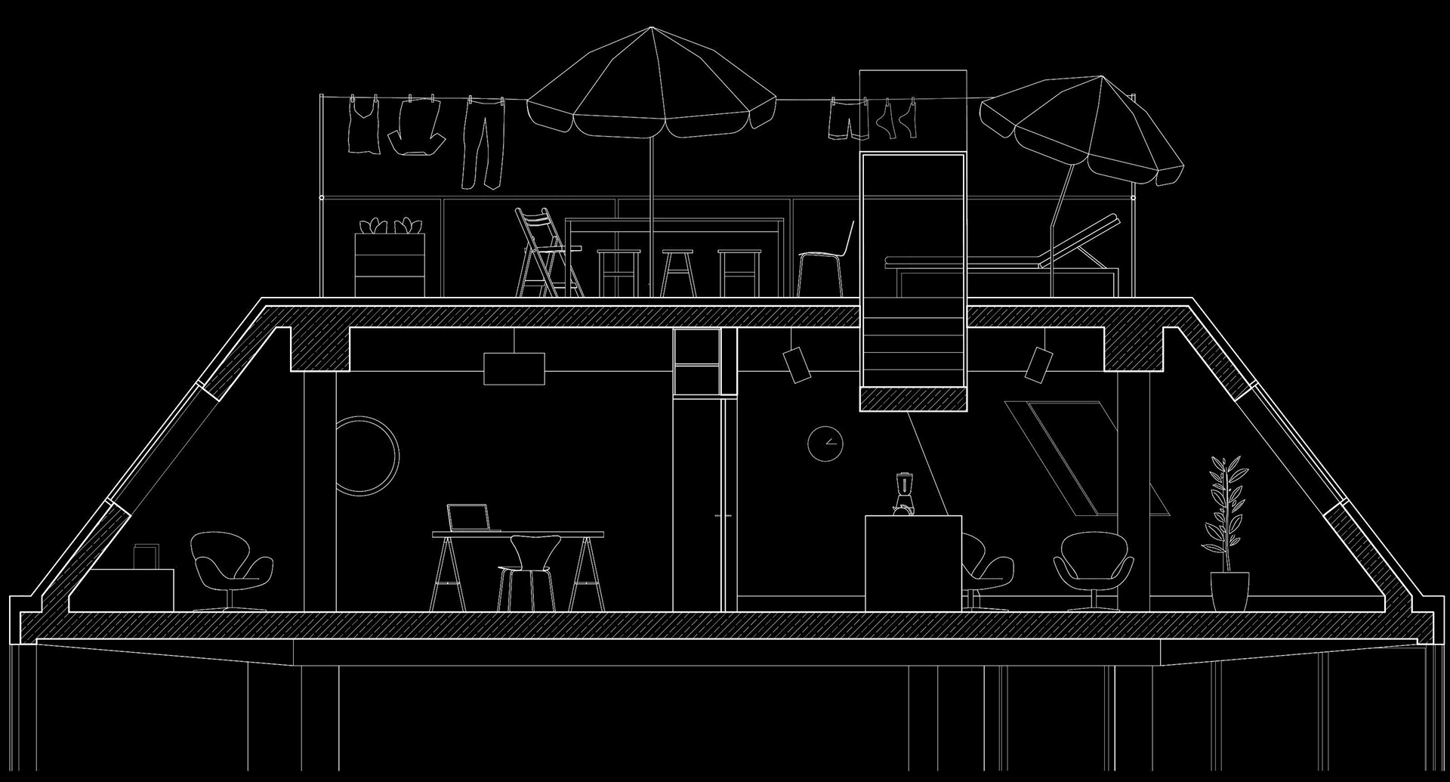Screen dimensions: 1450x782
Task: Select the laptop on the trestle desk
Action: [x=468, y=518]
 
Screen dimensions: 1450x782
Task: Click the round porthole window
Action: [x=368, y=455]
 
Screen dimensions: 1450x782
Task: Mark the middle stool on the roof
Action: [x=677, y=272]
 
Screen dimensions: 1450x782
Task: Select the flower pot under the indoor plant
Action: [x=1229, y=590]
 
